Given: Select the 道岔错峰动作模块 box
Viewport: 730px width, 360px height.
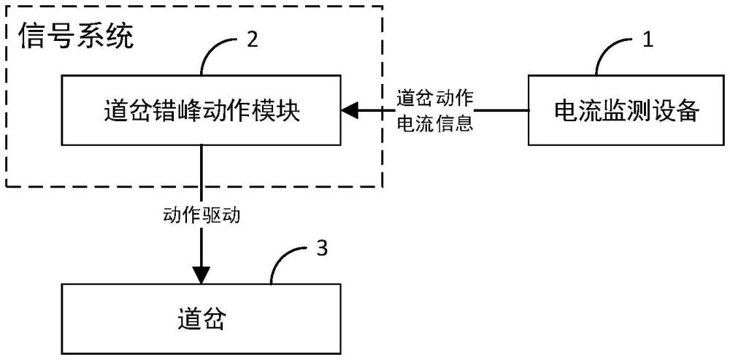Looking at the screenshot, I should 201,111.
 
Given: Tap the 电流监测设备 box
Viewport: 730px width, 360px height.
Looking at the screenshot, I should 627,111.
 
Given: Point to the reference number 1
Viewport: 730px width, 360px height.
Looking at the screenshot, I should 647,41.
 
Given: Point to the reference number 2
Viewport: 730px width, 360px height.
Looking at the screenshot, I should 252,40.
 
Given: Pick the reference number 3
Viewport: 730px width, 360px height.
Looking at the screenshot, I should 321,248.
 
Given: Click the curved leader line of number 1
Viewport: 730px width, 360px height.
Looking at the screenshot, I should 615,54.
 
